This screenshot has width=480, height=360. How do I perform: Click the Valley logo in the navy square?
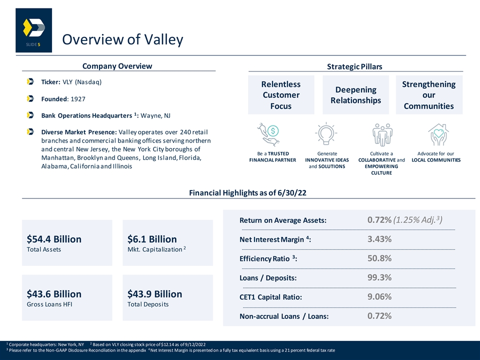34,27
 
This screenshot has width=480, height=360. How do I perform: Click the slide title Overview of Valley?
122,39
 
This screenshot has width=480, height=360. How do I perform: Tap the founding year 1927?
78,99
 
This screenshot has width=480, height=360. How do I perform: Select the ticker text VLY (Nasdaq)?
82,82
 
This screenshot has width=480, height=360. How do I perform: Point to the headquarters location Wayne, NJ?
155,115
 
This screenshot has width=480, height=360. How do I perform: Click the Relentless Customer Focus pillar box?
281,95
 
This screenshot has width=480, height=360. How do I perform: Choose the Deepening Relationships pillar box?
355,95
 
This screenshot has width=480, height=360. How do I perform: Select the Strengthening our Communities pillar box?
429,95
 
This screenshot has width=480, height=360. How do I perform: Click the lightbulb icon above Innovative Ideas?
326,134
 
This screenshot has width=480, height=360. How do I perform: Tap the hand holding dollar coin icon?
268,134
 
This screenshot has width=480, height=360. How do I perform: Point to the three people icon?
382,134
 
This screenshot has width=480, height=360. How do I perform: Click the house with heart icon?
438,134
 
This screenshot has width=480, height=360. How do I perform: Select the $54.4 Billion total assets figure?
54,239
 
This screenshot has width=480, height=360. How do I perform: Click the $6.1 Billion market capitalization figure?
152,239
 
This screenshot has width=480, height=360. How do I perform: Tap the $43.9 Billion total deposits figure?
155,294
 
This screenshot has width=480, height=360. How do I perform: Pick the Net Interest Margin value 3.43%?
379,239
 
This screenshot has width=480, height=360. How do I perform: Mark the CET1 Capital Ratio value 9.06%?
379,296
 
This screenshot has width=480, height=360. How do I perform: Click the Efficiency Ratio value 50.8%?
379,258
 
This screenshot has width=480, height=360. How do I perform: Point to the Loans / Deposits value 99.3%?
379,277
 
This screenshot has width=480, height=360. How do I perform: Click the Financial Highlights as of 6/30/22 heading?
247,193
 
